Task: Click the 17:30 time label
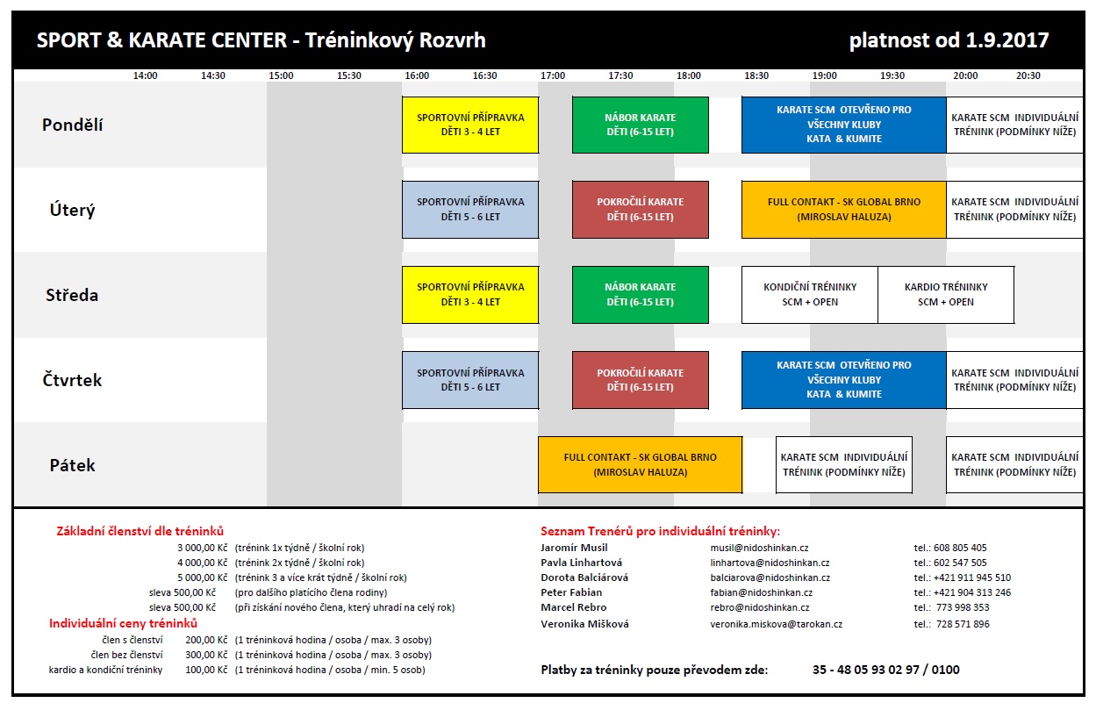(x=620, y=75)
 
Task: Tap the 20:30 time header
(x=1028, y=75)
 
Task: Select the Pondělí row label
(x=73, y=125)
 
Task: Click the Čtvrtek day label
(x=73, y=380)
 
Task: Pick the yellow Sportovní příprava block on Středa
(x=470, y=295)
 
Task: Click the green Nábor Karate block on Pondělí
(x=641, y=125)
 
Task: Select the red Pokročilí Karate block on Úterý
(x=641, y=210)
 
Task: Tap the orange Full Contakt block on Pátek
(x=640, y=464)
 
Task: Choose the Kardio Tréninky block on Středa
(x=946, y=295)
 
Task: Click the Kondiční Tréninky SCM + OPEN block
(x=810, y=295)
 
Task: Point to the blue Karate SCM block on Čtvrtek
(x=844, y=380)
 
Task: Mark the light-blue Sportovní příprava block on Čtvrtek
(x=470, y=380)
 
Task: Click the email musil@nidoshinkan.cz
(x=759, y=548)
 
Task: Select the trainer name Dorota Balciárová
(x=584, y=577)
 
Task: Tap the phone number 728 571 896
(x=963, y=624)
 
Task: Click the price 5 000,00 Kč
(x=203, y=577)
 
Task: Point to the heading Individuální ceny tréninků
(x=124, y=623)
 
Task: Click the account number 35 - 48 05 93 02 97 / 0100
(x=885, y=670)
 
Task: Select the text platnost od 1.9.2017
(x=949, y=40)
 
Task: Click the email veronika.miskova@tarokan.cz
(x=777, y=624)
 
